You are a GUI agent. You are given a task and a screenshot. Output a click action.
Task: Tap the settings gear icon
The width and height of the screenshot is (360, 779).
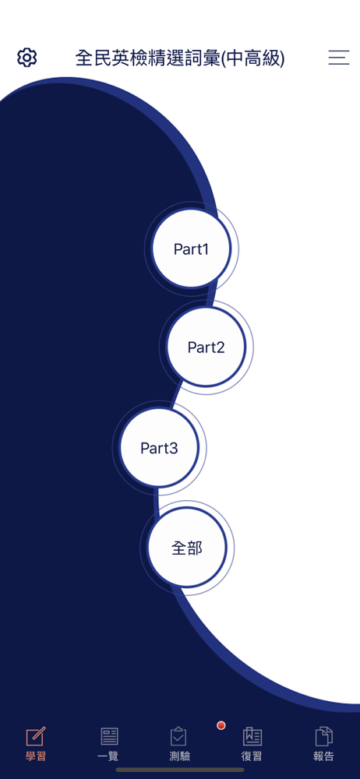tap(26, 58)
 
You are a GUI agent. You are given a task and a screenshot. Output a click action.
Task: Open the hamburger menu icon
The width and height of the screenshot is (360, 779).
tap(339, 58)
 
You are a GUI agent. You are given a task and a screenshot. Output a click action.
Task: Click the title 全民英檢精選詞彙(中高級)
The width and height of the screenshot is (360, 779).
tap(180, 58)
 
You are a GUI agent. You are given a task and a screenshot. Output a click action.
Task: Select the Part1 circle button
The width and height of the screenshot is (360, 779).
tap(192, 249)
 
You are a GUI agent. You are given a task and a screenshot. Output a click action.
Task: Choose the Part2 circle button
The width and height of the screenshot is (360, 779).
tap(206, 347)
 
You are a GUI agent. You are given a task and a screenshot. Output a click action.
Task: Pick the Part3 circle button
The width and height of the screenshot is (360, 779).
tap(159, 448)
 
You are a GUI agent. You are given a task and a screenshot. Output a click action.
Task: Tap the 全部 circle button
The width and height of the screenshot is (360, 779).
tap(187, 548)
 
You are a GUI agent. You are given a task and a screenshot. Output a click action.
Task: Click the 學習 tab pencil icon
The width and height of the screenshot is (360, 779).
tap(35, 736)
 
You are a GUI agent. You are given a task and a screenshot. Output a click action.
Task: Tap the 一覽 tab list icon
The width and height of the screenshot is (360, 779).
tap(109, 736)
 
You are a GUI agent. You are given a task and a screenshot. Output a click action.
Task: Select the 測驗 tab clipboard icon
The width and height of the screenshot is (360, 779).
tap(179, 736)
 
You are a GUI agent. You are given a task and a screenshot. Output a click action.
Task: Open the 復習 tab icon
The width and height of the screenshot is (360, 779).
tap(252, 736)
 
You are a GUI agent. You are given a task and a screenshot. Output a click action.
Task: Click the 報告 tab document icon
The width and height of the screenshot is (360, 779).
tap(323, 736)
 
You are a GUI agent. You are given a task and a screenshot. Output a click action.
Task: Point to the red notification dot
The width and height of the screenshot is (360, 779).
tap(221, 725)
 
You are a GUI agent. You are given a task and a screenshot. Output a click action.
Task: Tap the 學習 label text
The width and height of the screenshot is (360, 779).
tap(35, 756)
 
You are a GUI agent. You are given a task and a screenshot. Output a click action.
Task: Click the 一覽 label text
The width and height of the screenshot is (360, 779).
tap(109, 756)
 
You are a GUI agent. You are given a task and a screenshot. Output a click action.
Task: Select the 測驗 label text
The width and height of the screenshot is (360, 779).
tap(179, 756)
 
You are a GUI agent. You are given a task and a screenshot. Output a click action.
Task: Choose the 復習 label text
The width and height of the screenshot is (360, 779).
tap(252, 756)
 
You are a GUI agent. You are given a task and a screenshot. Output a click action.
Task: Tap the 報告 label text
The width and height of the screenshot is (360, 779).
tap(323, 756)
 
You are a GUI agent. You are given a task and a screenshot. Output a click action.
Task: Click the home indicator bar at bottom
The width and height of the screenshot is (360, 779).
tap(180, 770)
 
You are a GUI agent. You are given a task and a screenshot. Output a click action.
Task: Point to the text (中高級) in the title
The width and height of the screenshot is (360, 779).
tap(252, 58)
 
